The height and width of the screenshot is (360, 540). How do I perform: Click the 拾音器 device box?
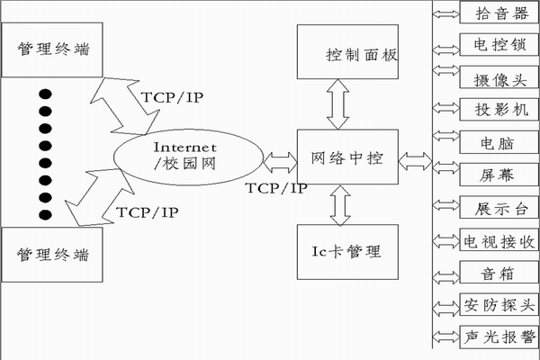tap(497, 13)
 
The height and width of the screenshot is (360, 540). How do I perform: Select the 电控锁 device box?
tap(497, 43)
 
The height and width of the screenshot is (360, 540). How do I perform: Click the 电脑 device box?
tap(497, 140)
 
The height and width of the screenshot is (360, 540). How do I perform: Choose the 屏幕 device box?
tap(497, 173)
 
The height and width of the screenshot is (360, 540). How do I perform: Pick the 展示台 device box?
tap(497, 206)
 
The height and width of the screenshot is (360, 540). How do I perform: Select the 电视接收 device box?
tap(497, 239)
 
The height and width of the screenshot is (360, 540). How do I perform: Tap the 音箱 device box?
tap(497, 271)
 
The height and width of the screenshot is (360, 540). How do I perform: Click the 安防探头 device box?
tap(497, 303)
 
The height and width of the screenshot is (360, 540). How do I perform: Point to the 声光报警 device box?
tap(497, 336)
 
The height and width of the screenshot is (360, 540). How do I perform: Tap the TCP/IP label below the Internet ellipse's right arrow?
tap(277, 188)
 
